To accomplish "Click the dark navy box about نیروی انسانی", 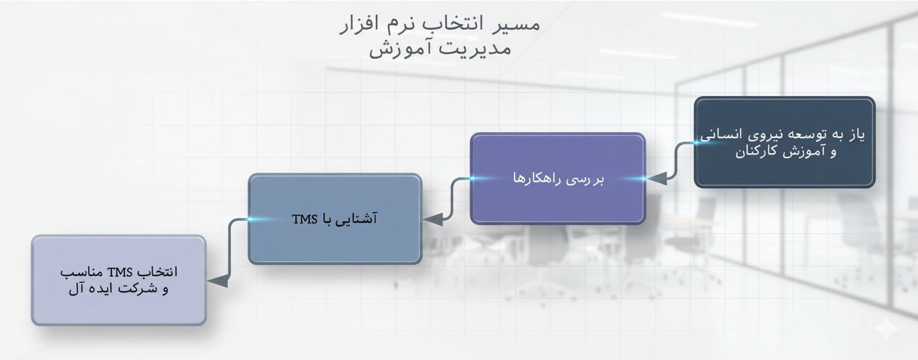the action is pos(784,142).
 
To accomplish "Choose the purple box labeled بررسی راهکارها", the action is pos(558,178).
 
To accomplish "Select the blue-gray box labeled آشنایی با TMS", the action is pos(335,219).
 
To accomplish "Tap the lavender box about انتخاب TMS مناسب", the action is pos(119,281).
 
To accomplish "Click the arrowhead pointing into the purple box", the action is pos(656,178).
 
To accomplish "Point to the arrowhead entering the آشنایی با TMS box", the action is pos(433,219).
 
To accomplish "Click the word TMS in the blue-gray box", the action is pos(305,219).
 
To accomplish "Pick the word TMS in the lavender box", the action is pos(120,272).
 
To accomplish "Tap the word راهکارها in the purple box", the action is pos(532,178).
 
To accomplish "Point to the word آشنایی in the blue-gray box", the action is pos(356,219).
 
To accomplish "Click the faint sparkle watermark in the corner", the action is pos(886,328).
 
